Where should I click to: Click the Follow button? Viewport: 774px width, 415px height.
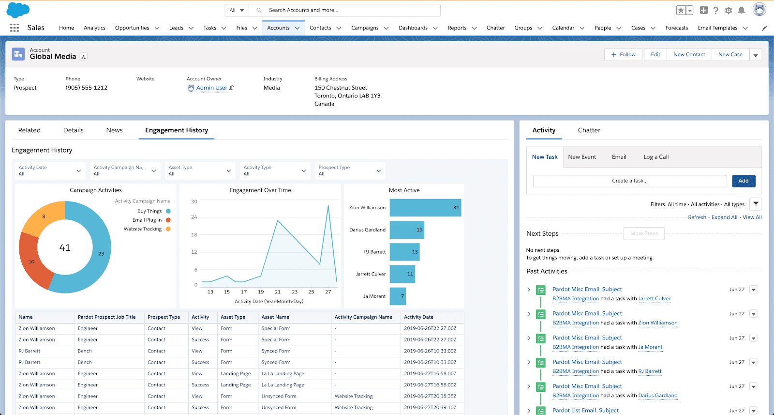(623, 55)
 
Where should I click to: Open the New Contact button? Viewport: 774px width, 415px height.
(689, 55)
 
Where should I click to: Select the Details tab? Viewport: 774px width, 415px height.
(74, 130)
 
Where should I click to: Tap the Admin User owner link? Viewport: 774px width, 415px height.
(211, 88)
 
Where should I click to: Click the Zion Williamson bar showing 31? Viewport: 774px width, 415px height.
(425, 208)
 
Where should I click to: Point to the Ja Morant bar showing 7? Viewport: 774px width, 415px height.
(398, 296)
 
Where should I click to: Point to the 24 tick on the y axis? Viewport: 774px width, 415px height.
(194, 217)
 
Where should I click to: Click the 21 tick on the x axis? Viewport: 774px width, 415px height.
(278, 292)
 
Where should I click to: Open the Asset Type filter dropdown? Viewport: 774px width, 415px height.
(199, 170)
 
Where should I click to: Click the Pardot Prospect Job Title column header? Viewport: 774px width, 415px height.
(106, 317)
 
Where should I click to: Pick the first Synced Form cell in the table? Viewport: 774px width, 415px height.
(276, 351)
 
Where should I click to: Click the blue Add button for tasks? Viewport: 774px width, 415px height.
(743, 181)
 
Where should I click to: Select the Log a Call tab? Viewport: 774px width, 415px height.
(656, 157)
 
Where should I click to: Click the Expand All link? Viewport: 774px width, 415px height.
(724, 217)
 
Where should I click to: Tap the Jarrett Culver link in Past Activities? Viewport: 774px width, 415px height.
(654, 299)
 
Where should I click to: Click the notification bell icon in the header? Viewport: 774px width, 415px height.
(741, 10)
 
